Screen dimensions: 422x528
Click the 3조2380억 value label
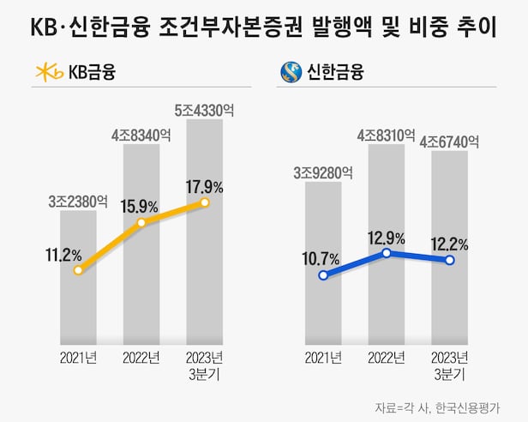(x=78, y=202)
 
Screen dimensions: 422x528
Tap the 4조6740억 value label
(x=449, y=142)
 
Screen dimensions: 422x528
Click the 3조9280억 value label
(x=323, y=172)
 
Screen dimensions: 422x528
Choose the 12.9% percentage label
(x=387, y=235)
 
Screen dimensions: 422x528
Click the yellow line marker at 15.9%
(x=141, y=222)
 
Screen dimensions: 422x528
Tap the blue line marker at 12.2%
(x=449, y=260)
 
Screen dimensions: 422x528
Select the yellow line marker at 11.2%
(x=78, y=269)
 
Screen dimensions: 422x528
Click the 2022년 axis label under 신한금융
(x=387, y=357)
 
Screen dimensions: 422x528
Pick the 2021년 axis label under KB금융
(x=78, y=357)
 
